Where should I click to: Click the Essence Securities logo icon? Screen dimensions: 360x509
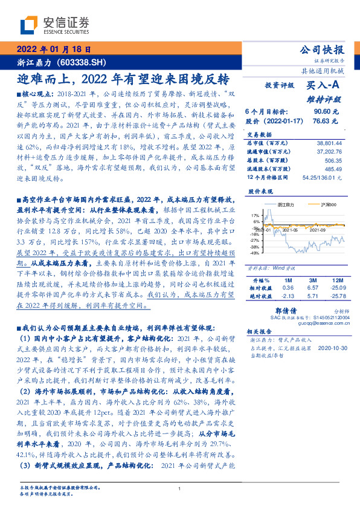pos(29,24)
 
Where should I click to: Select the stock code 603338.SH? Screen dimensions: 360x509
pos(85,62)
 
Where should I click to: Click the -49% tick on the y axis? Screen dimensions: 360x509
pos(254,254)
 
